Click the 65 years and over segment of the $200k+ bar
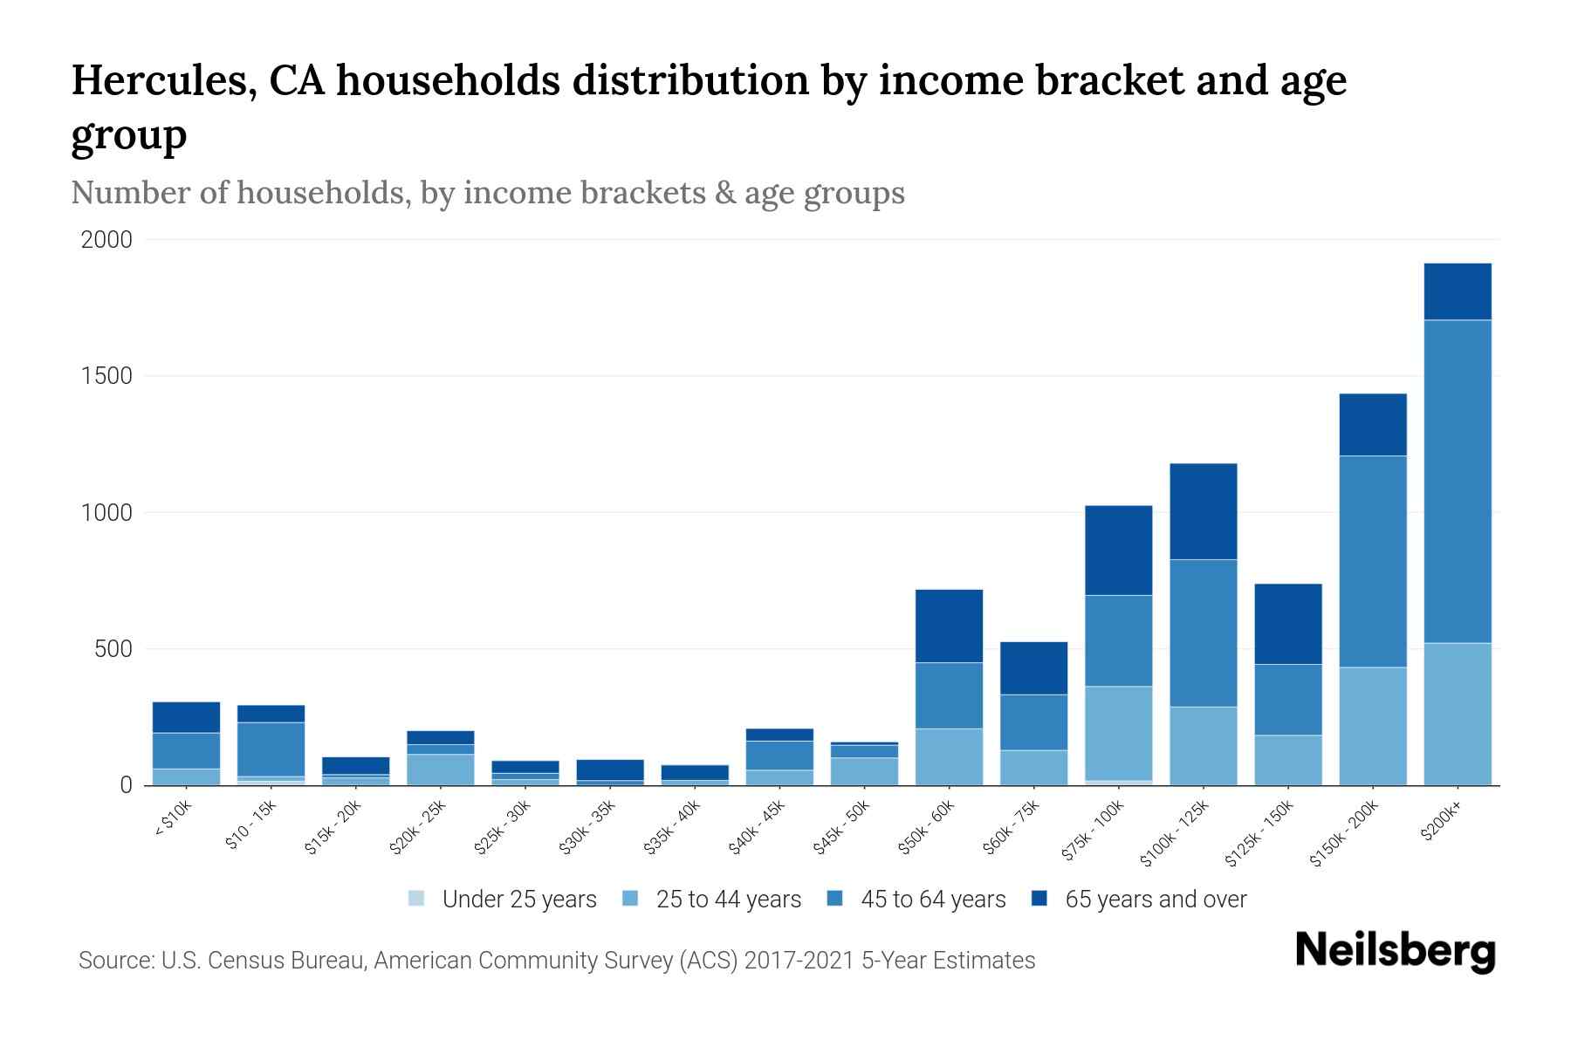coord(1457,291)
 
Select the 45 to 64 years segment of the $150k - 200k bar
coord(1373,561)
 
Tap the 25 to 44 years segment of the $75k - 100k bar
coord(1118,733)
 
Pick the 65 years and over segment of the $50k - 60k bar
coord(949,626)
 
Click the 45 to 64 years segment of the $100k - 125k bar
coord(1203,633)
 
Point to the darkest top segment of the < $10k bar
coord(186,717)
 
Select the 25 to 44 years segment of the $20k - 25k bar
coord(440,770)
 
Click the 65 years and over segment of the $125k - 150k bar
coord(1287,624)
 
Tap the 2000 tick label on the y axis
coord(106,240)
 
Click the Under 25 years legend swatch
coord(417,898)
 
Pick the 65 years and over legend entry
coord(1155,899)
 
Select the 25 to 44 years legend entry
coord(728,899)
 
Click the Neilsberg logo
coord(1395,951)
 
